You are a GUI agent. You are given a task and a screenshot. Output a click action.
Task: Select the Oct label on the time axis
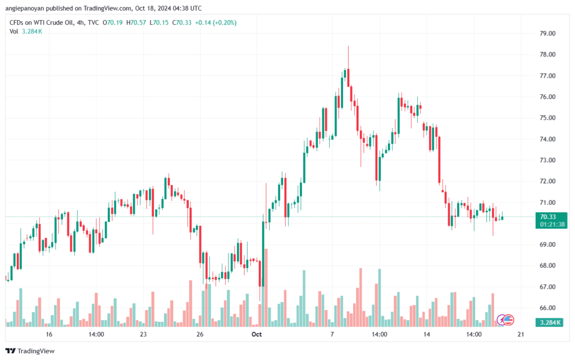click(257, 335)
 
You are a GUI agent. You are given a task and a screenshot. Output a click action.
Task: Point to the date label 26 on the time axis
click(200, 335)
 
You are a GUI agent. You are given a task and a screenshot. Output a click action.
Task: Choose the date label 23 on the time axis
click(143, 335)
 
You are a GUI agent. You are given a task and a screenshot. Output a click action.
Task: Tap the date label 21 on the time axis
click(521, 335)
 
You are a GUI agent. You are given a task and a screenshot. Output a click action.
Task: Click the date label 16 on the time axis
click(49, 335)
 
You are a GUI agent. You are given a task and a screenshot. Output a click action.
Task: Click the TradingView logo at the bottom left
click(32, 351)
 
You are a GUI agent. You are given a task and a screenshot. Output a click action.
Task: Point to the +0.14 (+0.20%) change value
click(215, 22)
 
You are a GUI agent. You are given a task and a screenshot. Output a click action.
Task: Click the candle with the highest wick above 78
click(348, 73)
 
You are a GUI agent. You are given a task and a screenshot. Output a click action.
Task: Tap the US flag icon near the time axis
click(508, 320)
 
